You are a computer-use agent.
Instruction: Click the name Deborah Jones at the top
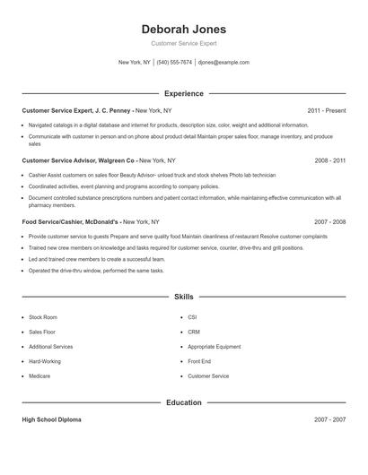183,29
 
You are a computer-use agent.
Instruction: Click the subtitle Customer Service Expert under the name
183,43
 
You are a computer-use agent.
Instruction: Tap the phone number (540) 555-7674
174,63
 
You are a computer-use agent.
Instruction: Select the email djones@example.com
223,63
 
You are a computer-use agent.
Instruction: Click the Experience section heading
183,93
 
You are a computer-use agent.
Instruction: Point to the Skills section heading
183,297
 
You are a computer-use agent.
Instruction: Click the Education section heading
183,403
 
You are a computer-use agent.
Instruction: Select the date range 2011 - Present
326,110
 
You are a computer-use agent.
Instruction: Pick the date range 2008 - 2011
329,160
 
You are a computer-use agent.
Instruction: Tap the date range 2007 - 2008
329,220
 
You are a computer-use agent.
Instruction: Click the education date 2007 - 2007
329,419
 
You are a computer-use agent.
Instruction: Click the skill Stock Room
42,317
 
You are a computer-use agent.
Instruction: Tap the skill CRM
194,332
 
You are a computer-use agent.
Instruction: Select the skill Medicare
39,376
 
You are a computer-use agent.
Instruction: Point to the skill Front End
199,361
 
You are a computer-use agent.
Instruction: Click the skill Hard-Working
45,361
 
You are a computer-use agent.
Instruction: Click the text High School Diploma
52,419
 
